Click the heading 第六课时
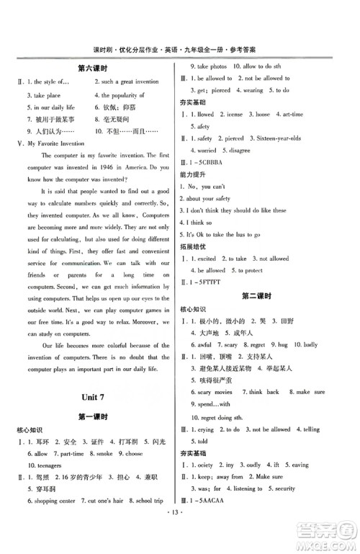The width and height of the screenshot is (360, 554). [x=91, y=68]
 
